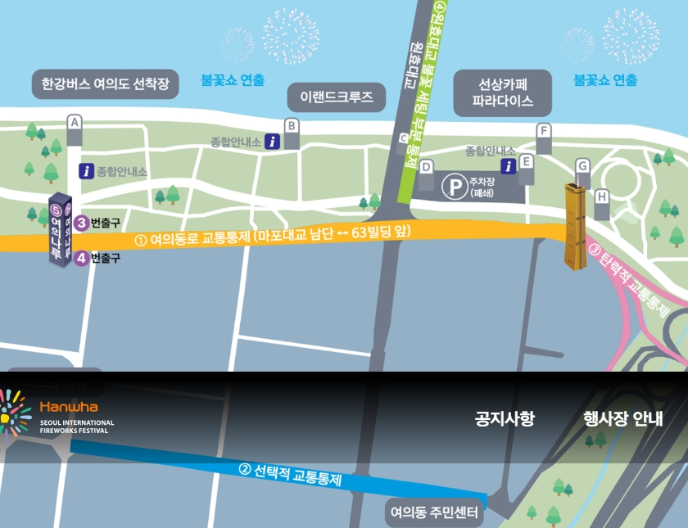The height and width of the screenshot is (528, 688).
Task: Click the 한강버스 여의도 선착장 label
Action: click(x=105, y=83)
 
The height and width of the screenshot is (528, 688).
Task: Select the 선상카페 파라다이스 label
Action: click(x=502, y=93)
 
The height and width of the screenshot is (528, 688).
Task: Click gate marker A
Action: click(x=75, y=123)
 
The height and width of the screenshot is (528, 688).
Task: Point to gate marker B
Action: click(x=290, y=126)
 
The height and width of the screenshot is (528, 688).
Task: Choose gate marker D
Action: click(x=426, y=167)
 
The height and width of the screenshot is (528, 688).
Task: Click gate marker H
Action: click(x=602, y=196)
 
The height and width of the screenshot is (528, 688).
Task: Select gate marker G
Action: click(x=582, y=165)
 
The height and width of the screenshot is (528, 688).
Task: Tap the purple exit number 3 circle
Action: click(x=81, y=223)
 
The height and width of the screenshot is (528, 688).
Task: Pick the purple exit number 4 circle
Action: click(x=81, y=258)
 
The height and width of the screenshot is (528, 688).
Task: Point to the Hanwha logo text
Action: click(x=68, y=406)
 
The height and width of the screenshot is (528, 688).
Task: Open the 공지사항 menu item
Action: click(x=505, y=419)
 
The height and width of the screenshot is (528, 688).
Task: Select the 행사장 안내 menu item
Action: click(x=623, y=419)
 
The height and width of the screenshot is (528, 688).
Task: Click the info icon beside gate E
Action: click(x=508, y=166)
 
